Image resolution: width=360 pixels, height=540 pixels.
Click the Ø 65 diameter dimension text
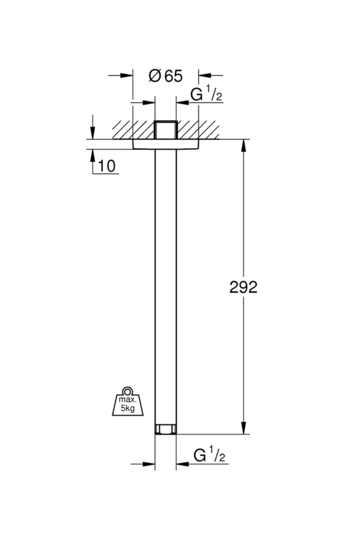tap(166, 76)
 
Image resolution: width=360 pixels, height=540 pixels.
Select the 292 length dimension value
tap(243, 287)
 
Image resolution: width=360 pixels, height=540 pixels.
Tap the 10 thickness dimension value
tap(106, 166)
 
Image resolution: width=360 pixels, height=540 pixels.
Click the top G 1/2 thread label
tap(206, 95)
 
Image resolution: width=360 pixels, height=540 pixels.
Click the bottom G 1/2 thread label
tap(209, 455)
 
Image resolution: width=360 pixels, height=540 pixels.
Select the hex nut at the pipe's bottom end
tap(166, 429)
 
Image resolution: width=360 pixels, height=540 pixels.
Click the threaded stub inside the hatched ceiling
tap(166, 130)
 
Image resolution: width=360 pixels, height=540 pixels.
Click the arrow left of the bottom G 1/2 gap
tap(149, 464)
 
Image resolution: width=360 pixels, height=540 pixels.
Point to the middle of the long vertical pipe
tap(166, 285)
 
